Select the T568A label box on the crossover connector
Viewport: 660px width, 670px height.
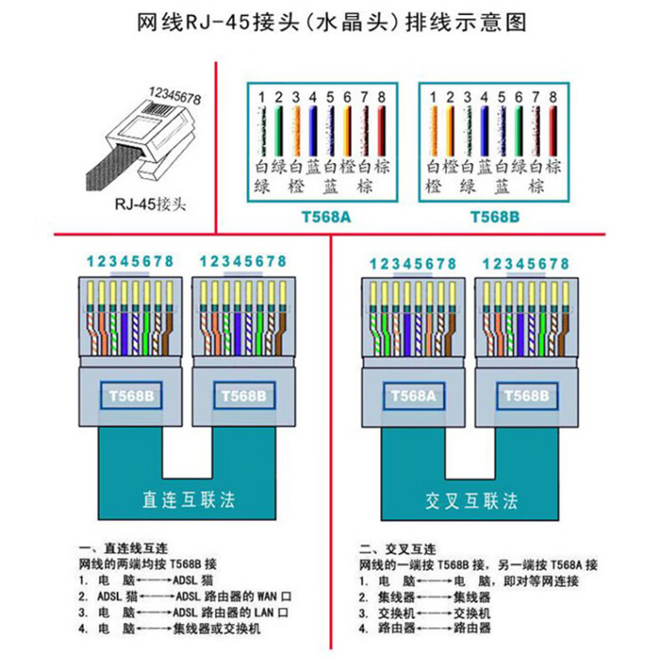click(x=409, y=394)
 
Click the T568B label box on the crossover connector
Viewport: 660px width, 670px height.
click(x=525, y=394)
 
